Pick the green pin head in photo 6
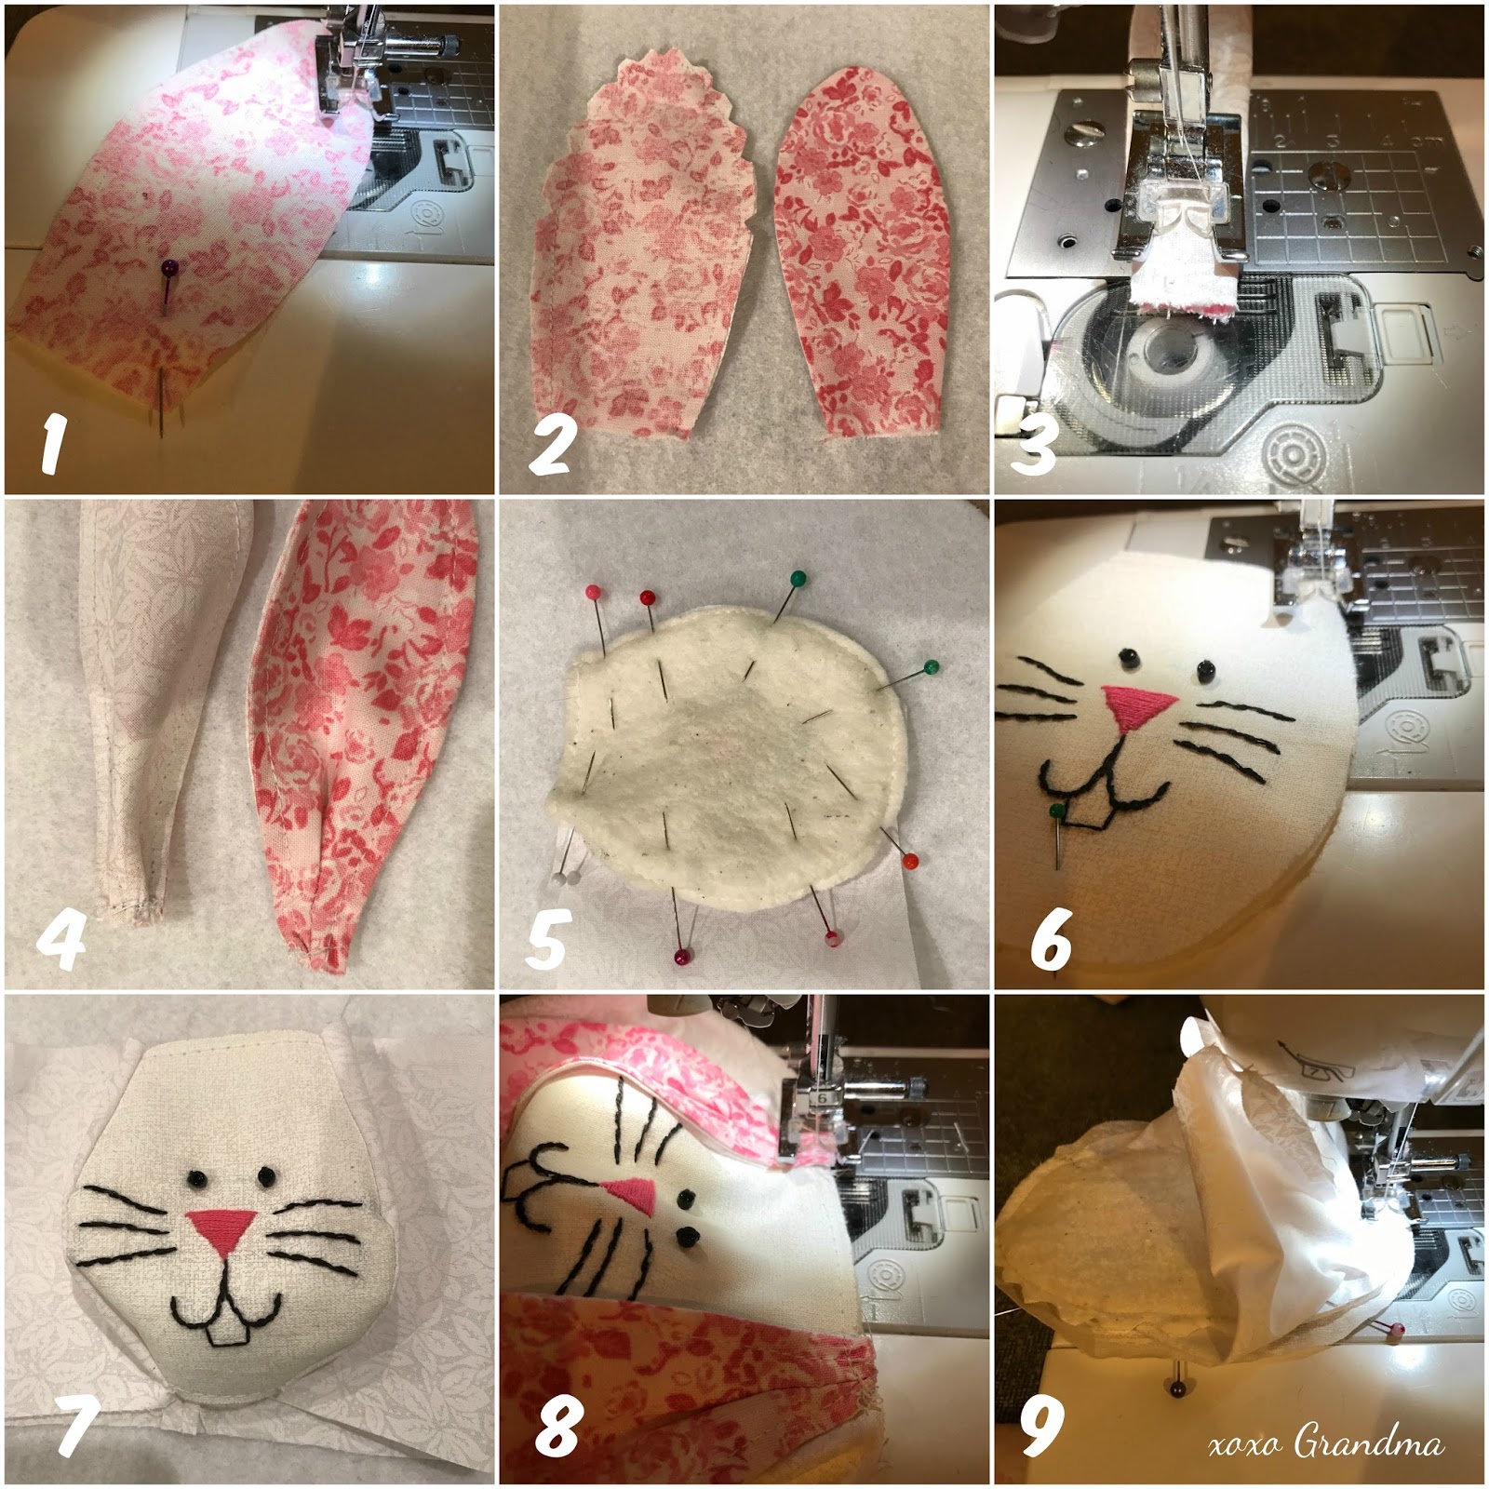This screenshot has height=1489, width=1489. coord(1057,812)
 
